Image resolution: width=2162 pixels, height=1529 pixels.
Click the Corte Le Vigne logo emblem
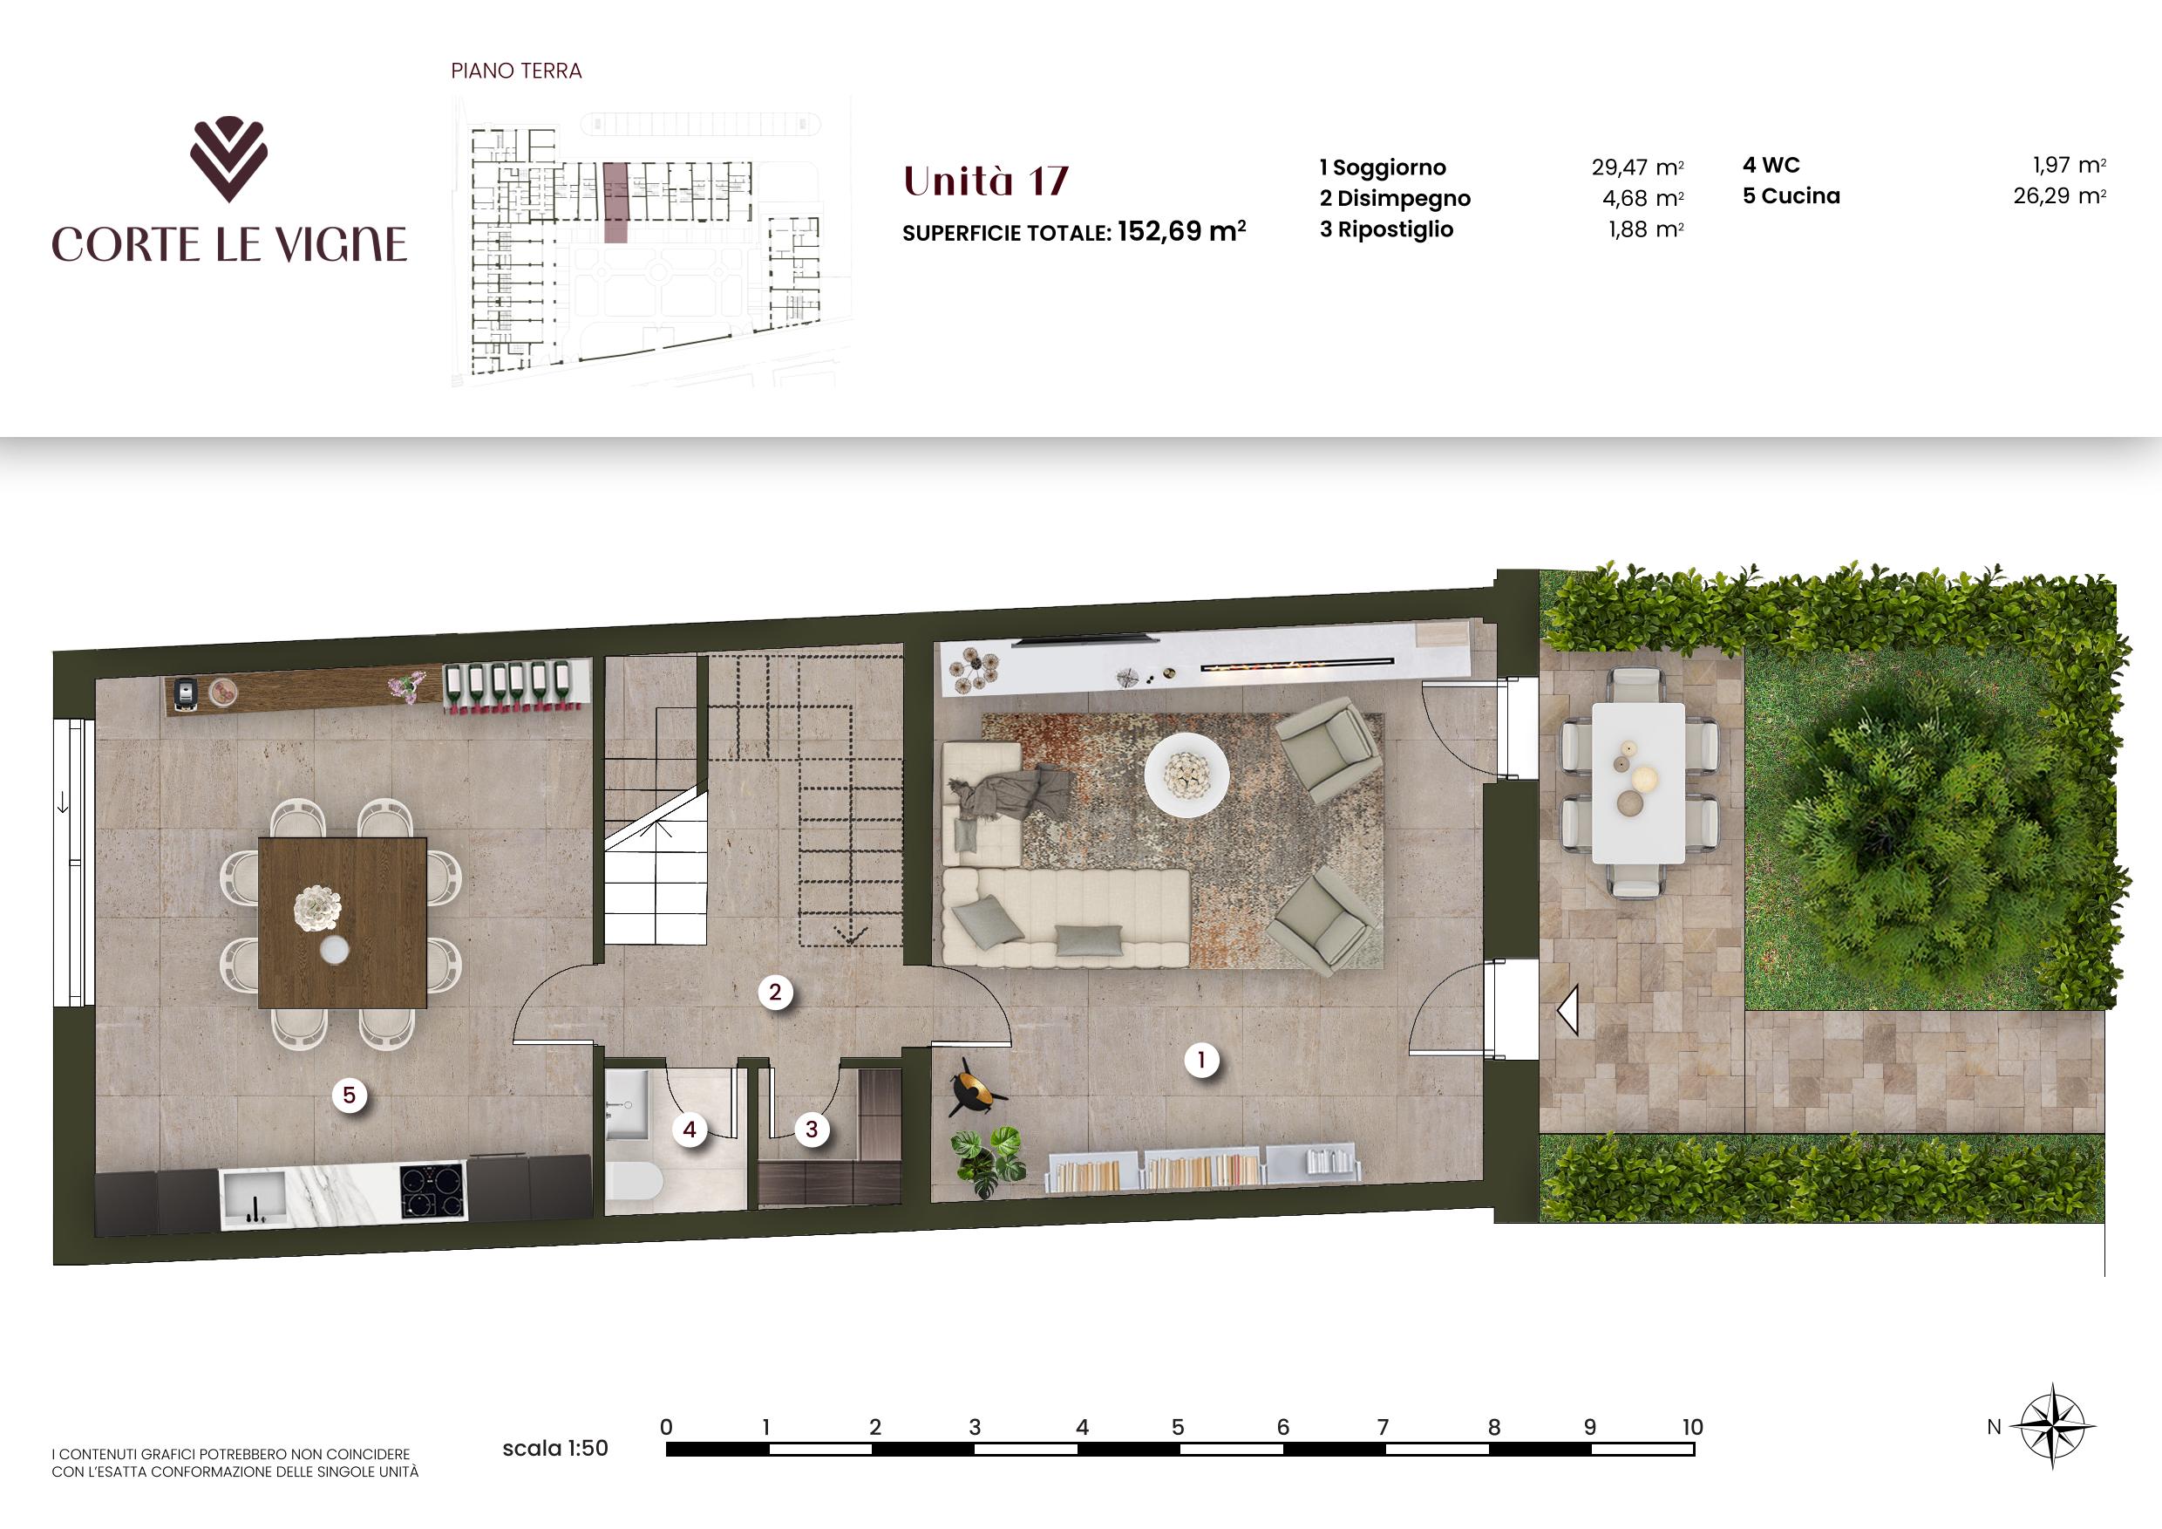tap(228, 160)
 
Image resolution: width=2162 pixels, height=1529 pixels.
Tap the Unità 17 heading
tap(986, 181)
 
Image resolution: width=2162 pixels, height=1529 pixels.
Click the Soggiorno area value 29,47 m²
tap(1637, 167)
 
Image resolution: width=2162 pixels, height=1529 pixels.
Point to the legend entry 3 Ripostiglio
tap(1386, 230)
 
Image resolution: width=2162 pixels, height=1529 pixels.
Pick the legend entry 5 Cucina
tap(1791, 196)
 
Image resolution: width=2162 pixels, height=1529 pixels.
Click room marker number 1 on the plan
tap(1201, 1060)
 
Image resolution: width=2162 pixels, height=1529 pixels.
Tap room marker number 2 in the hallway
tap(775, 991)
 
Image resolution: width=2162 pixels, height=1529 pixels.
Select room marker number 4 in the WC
tap(690, 1129)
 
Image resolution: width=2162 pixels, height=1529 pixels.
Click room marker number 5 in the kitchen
tap(350, 1095)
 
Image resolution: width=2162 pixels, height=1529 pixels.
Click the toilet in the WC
tap(633, 1184)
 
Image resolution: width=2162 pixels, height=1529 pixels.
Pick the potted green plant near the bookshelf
tap(985, 1161)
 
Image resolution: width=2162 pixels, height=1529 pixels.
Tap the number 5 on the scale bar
tap(1177, 1427)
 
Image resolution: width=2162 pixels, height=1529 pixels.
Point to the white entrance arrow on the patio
tap(1567, 1012)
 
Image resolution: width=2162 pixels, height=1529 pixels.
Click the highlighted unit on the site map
tap(615, 201)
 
